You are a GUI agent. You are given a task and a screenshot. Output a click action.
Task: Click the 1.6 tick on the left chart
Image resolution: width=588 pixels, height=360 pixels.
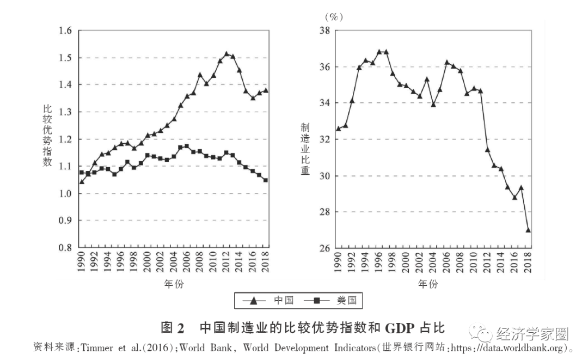coord(65,31)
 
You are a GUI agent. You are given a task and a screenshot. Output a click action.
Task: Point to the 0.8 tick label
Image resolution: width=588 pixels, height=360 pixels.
coord(65,248)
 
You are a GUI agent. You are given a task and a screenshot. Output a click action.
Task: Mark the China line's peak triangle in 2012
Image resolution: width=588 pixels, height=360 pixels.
coord(226,54)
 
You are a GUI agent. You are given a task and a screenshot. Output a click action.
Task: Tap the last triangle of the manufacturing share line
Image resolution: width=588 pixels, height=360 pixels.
coord(528,230)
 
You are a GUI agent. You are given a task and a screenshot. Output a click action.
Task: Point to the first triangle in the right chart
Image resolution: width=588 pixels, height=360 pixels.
coord(338,129)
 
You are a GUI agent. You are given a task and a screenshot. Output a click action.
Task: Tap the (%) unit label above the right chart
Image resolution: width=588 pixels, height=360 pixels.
coord(333,17)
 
